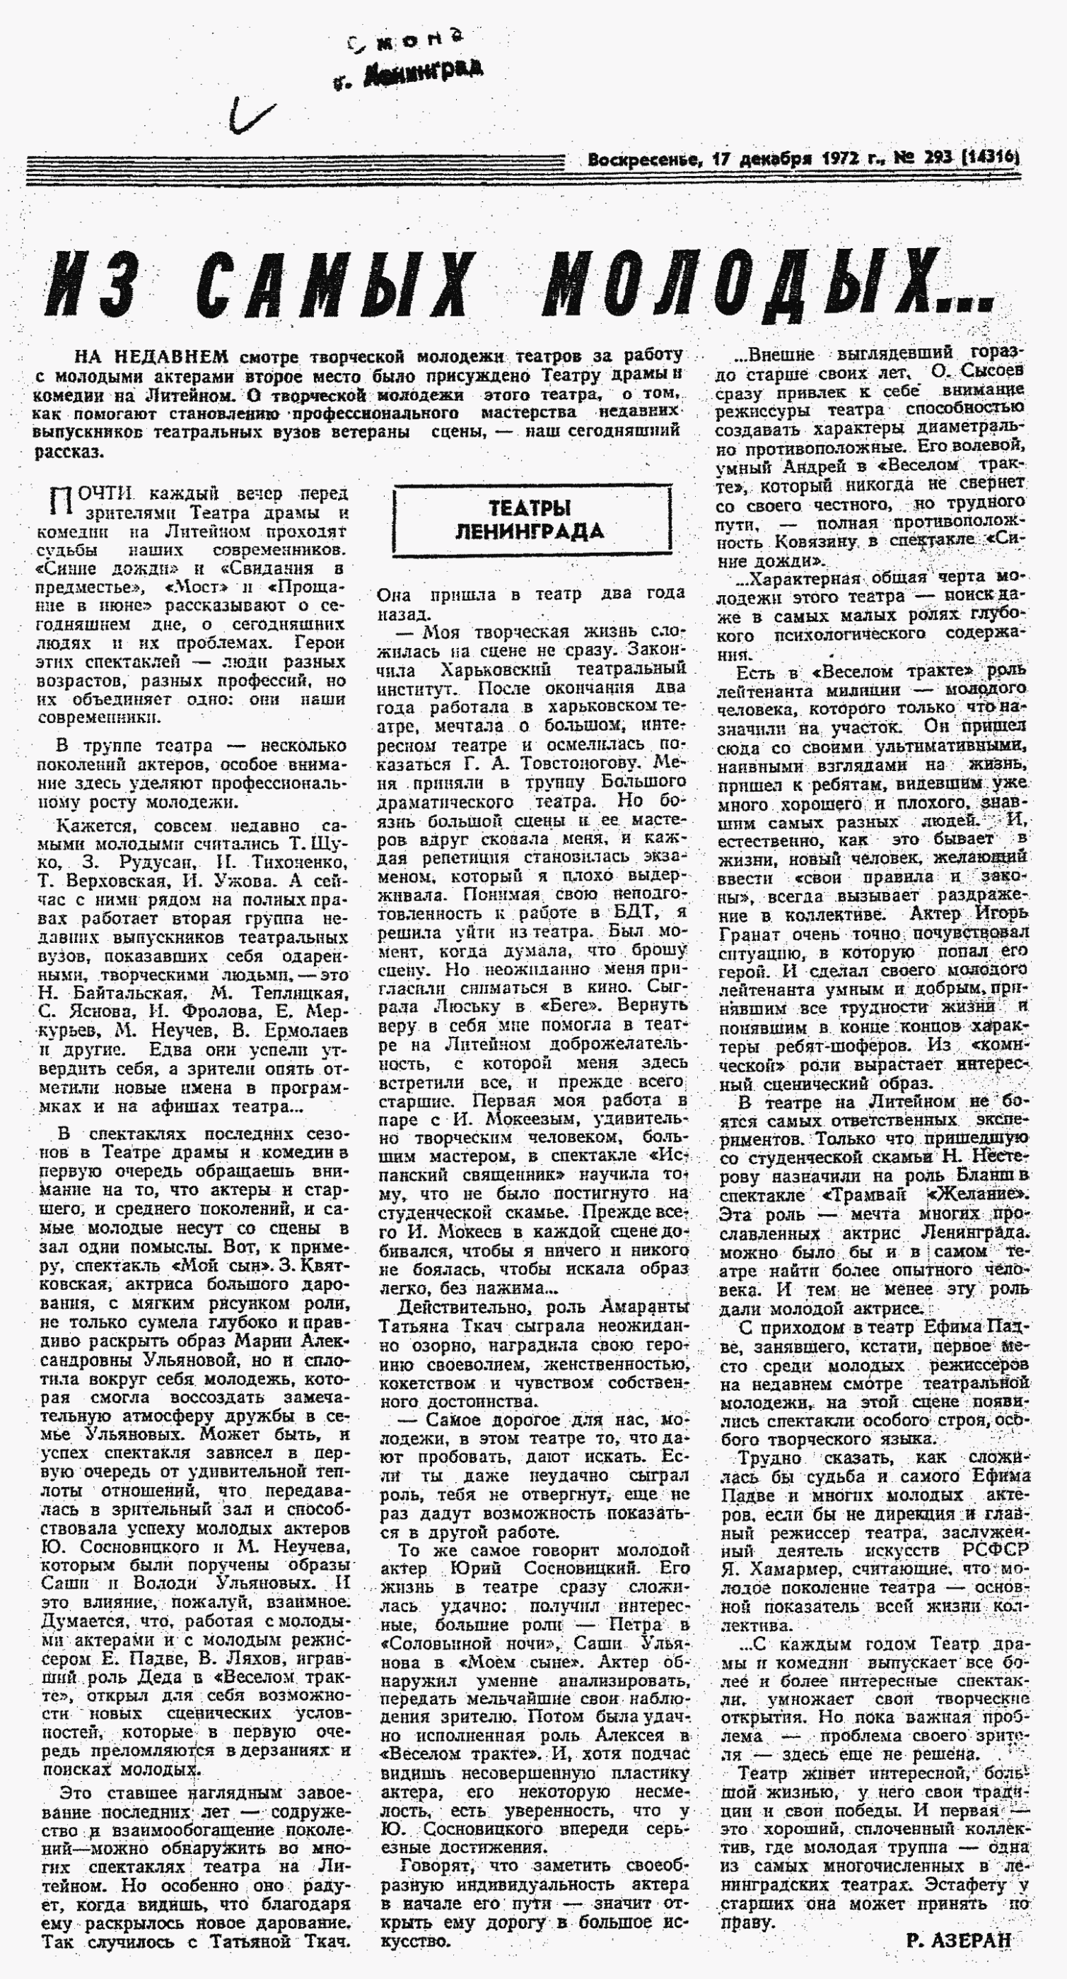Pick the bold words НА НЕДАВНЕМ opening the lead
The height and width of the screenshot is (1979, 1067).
pos(151,357)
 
